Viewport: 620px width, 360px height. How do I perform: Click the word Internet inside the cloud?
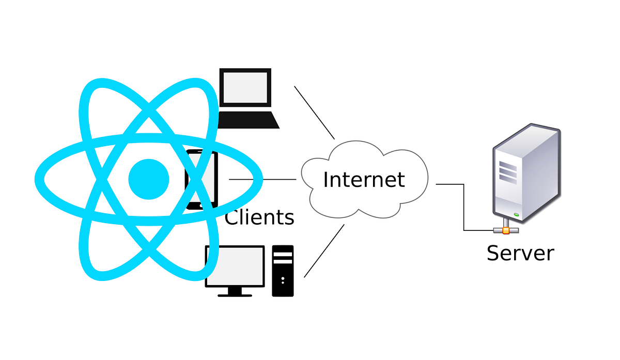[x=364, y=180]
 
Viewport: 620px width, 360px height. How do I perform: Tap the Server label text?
[x=520, y=253]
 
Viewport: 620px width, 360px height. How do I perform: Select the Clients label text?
[x=259, y=217]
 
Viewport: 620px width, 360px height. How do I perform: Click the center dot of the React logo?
[x=149, y=179]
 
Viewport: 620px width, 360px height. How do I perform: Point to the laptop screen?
[x=245, y=87]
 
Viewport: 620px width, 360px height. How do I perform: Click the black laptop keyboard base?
[x=249, y=120]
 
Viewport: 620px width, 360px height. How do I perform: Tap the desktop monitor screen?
[x=235, y=266]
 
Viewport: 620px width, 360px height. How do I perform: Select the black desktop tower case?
[x=283, y=271]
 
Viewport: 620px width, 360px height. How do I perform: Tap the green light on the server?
[x=516, y=214]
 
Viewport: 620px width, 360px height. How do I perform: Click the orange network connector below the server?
[x=506, y=230]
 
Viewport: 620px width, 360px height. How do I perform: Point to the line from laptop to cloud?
[x=315, y=113]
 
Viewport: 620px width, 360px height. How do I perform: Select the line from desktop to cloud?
[x=324, y=251]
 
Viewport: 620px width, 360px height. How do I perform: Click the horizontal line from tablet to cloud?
[x=262, y=179]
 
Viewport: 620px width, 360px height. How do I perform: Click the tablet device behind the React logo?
[x=202, y=180]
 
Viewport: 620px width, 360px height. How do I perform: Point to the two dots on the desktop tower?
[x=283, y=280]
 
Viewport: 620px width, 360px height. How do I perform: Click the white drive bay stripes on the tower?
[x=283, y=258]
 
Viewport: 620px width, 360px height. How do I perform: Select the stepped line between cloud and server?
[x=464, y=207]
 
